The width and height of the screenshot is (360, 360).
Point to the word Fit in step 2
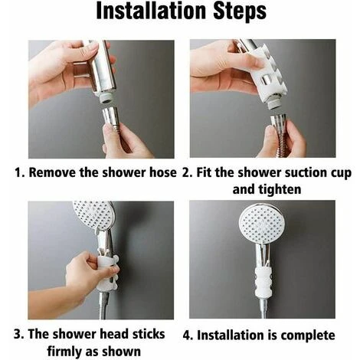[208, 172]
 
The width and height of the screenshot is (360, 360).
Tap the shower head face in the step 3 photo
[93, 215]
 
